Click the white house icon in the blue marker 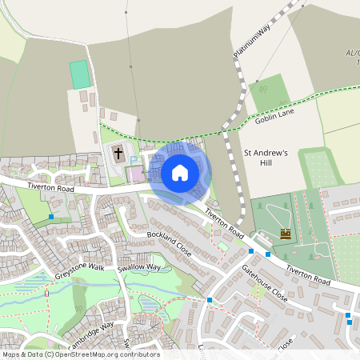click(180, 173)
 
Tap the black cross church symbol click(118, 152)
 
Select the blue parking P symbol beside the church click(134, 160)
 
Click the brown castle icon click(286, 234)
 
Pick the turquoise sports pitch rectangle click(80, 75)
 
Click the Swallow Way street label click(140, 267)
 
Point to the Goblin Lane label click(275, 118)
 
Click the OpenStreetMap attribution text click(80, 354)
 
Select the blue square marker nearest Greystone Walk click(51, 217)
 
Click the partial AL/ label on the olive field click(352, 54)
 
